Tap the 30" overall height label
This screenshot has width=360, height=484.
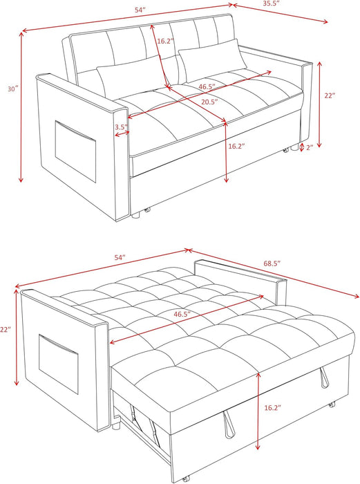(12, 89)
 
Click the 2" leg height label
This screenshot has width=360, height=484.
(310, 147)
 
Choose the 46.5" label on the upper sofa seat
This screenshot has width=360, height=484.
(205, 86)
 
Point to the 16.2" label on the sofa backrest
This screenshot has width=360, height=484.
(164, 41)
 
